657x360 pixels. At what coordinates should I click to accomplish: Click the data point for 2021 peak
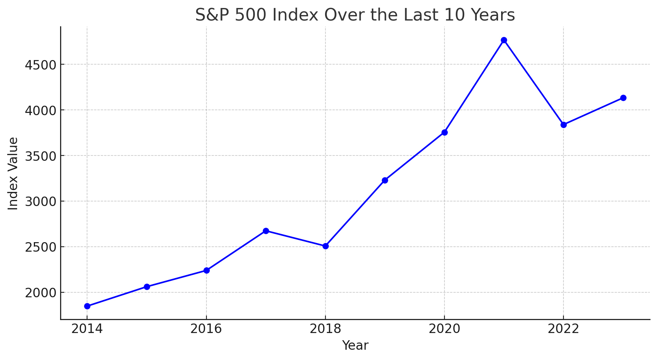pos(504,40)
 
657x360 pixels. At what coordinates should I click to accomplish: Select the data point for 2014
pos(87,306)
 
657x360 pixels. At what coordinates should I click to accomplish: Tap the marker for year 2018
pos(325,246)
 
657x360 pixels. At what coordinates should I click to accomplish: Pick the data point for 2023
pos(623,98)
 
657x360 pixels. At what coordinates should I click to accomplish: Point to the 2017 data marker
pos(266,231)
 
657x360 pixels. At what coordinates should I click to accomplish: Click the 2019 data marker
pos(385,180)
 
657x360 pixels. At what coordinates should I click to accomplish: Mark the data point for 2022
pos(563,125)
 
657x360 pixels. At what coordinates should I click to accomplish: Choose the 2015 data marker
pos(147,287)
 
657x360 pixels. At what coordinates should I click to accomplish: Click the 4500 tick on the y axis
pos(40,65)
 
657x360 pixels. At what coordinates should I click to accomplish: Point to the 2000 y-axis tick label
pos(40,293)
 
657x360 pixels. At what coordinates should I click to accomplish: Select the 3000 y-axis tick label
pos(40,201)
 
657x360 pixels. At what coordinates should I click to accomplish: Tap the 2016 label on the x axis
pos(206,329)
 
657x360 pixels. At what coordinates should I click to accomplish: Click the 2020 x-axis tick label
pos(444,329)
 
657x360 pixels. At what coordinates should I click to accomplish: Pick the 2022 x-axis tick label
pos(563,329)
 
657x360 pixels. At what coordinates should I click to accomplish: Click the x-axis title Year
pos(355,346)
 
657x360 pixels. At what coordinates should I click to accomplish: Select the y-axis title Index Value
pos(13,173)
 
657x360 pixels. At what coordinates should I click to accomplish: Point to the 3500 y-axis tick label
pos(40,156)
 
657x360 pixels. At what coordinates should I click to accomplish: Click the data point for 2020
pos(444,132)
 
